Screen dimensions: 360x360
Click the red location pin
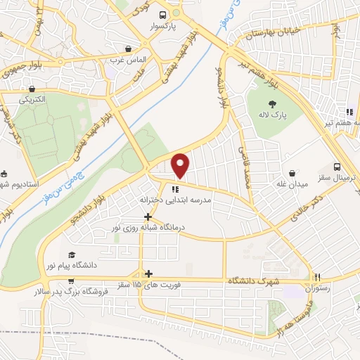pos(181,165)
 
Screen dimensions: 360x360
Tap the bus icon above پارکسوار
pos(162,15)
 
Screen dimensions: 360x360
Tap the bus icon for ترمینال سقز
pos(338,167)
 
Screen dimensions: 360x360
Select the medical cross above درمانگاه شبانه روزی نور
pos(148,217)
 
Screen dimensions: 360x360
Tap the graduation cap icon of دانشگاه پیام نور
pos(72,255)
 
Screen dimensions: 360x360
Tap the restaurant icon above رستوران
pos(318,277)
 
